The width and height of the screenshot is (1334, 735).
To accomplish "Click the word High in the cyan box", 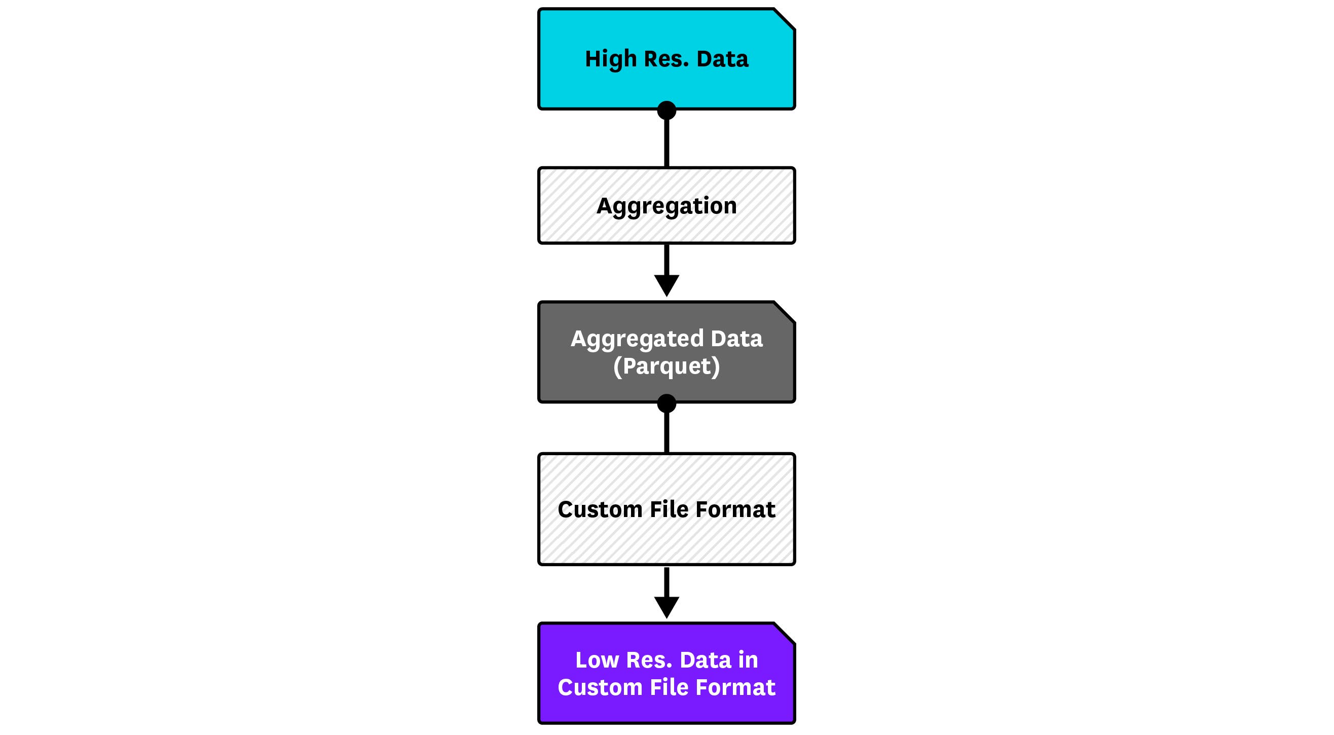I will pos(611,59).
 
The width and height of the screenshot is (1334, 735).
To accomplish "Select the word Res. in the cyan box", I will pos(666,59).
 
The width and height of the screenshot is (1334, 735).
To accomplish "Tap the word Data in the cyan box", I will pos(722,59).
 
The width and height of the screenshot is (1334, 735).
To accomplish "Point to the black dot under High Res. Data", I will pos(666,111).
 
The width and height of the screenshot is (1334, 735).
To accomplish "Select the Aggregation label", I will pos(666,206).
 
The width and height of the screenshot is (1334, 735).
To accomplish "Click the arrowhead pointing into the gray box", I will pos(666,285).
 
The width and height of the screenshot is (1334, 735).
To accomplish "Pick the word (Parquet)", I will pos(666,366).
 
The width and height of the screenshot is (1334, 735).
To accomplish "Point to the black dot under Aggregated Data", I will pos(666,403).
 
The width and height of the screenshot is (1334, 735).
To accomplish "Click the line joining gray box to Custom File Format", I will pos(666,433).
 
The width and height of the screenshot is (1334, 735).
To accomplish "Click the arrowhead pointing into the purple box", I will pos(666,608).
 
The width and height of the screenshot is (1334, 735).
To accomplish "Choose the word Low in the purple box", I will pos(597,660).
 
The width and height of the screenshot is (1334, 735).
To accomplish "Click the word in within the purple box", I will pos(748,660).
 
